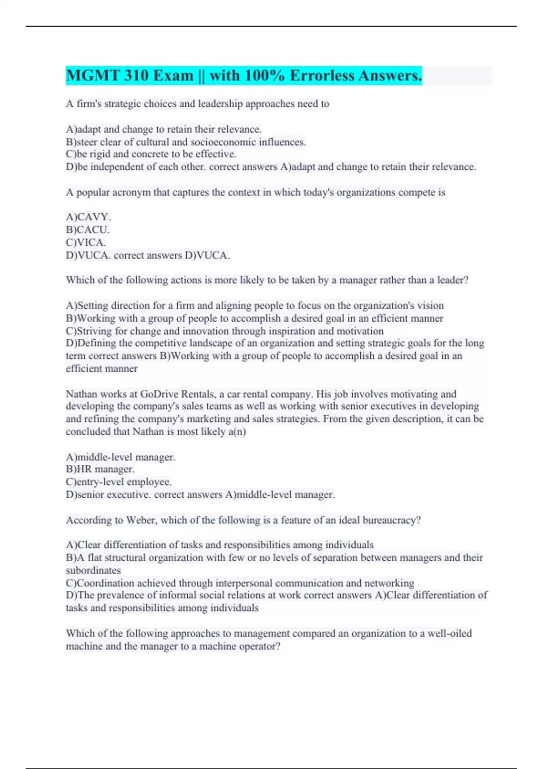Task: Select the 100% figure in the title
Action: (x=262, y=76)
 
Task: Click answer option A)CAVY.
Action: (x=88, y=217)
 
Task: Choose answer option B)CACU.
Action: (x=87, y=230)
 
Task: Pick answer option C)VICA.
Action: (x=86, y=242)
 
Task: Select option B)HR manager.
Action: (x=100, y=470)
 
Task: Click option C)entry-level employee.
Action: (x=119, y=482)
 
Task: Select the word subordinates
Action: (x=93, y=570)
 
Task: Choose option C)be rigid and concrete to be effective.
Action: (x=151, y=154)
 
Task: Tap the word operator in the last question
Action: (x=258, y=646)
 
